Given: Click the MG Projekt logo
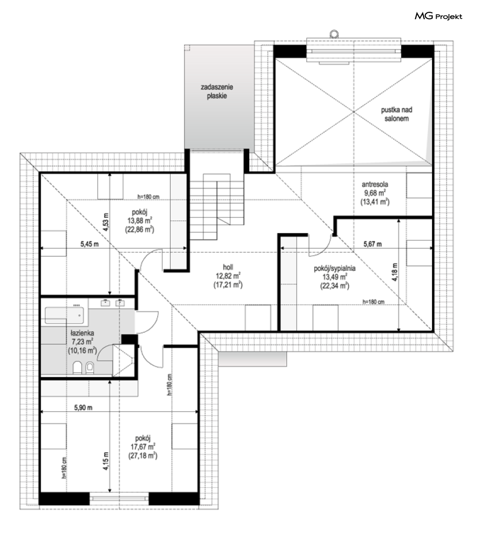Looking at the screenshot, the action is point(438,16).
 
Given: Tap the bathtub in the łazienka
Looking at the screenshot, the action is point(65,315).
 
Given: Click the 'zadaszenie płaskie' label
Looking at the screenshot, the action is point(217,91).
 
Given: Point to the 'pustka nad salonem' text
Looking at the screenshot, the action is point(397,114).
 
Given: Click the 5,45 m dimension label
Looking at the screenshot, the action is point(89,244).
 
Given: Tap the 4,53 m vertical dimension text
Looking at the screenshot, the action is point(106,222).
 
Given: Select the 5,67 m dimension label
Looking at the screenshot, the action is point(373,244).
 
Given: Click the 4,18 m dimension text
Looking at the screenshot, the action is point(395,272).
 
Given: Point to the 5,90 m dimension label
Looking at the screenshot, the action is point(83,407).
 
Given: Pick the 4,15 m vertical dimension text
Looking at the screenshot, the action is point(106,461).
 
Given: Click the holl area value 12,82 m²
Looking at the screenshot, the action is point(228,276).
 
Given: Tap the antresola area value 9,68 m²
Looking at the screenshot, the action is point(375,193).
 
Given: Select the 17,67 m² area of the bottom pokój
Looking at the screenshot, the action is point(143,447).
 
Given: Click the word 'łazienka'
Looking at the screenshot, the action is point(82,333).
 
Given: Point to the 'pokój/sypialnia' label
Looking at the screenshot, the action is point(334,268).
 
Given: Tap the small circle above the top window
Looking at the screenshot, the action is point(334,34).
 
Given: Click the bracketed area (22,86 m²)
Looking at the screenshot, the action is point(139,229).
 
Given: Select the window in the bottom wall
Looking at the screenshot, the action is point(119,498).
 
